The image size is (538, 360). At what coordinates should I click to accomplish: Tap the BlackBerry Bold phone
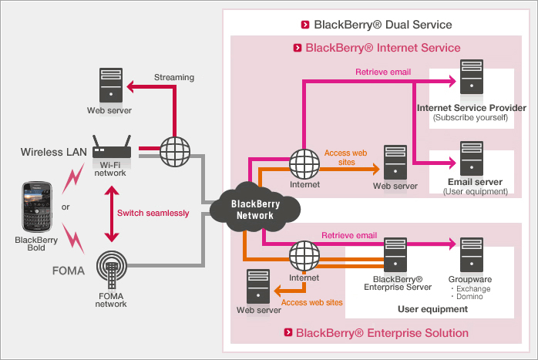(36, 207)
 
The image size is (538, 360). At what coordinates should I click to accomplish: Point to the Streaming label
(174, 77)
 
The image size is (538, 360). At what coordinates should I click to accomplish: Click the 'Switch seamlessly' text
(153, 213)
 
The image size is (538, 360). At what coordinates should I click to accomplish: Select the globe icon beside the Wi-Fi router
(175, 151)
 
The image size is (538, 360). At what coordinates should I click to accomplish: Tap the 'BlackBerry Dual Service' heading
(382, 24)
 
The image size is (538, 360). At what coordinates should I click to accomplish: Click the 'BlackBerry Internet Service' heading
(382, 48)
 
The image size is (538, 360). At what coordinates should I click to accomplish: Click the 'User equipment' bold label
(432, 309)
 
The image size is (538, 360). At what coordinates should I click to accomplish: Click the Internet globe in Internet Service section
(304, 162)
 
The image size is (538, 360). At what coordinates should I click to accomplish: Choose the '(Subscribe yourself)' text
(471, 118)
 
